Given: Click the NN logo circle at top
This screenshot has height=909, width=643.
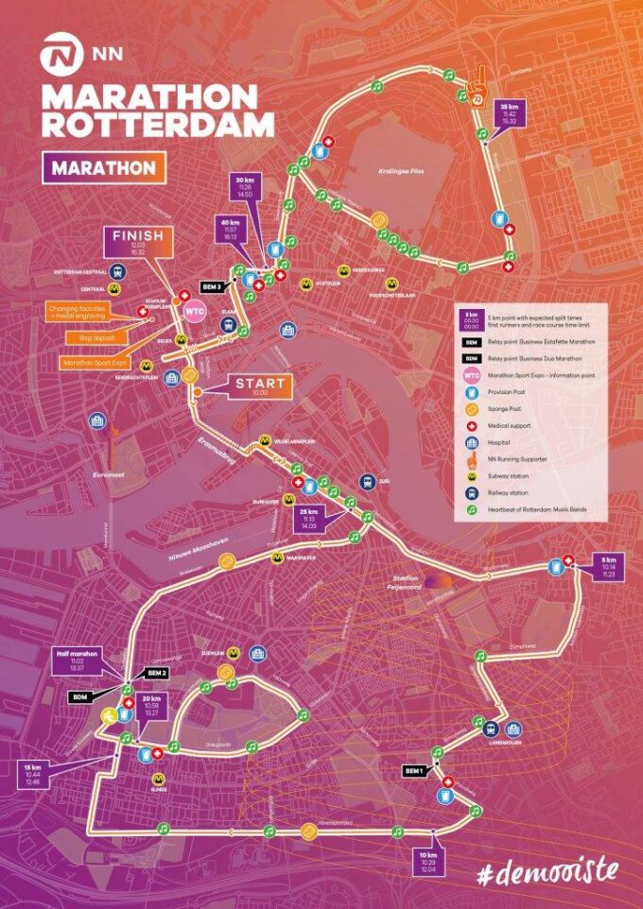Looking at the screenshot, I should click(x=58, y=56).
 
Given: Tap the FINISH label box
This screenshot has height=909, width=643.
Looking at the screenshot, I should click(x=139, y=242).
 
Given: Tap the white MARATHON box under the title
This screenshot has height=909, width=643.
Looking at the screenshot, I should click(x=104, y=167).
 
